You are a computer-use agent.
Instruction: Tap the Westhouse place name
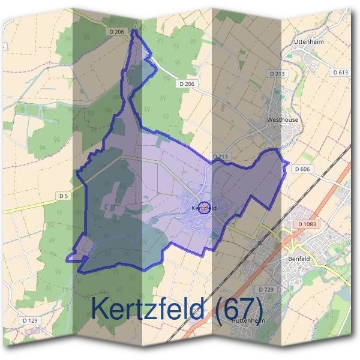(282, 120)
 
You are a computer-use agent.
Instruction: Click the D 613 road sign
(340, 72)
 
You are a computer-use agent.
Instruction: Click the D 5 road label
(64, 196)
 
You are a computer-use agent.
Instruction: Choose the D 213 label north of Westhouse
(276, 73)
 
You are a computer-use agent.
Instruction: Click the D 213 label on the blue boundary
(220, 157)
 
